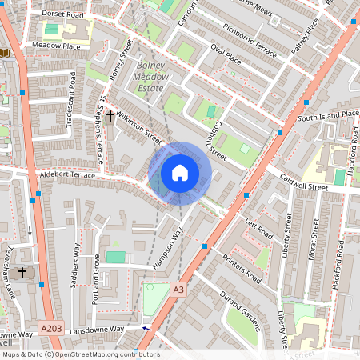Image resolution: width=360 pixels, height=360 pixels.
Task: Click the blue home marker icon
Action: pyautogui.click(x=180, y=173)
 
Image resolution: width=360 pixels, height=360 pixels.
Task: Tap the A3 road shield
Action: pyautogui.click(x=178, y=290)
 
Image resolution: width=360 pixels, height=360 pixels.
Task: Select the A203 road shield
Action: pyautogui.click(x=50, y=329)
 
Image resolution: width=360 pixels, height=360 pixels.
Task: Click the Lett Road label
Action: pyautogui.click(x=260, y=230)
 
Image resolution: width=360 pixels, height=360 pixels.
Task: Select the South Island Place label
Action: pyautogui.click(x=328, y=116)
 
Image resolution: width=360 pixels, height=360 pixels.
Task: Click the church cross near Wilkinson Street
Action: pyautogui.click(x=110, y=117)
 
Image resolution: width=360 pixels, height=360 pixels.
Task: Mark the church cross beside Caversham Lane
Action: pyautogui.click(x=22, y=273)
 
